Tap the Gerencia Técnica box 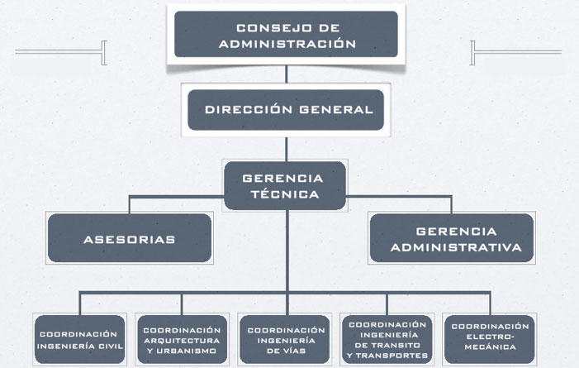283,185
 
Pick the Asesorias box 130,239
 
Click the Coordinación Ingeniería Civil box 79,339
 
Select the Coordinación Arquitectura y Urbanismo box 182,339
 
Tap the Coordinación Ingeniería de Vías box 286,339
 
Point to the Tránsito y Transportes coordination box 387,339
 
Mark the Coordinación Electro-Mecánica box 490,339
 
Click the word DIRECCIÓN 244,109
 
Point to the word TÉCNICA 283,194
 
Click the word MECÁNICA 490,348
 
